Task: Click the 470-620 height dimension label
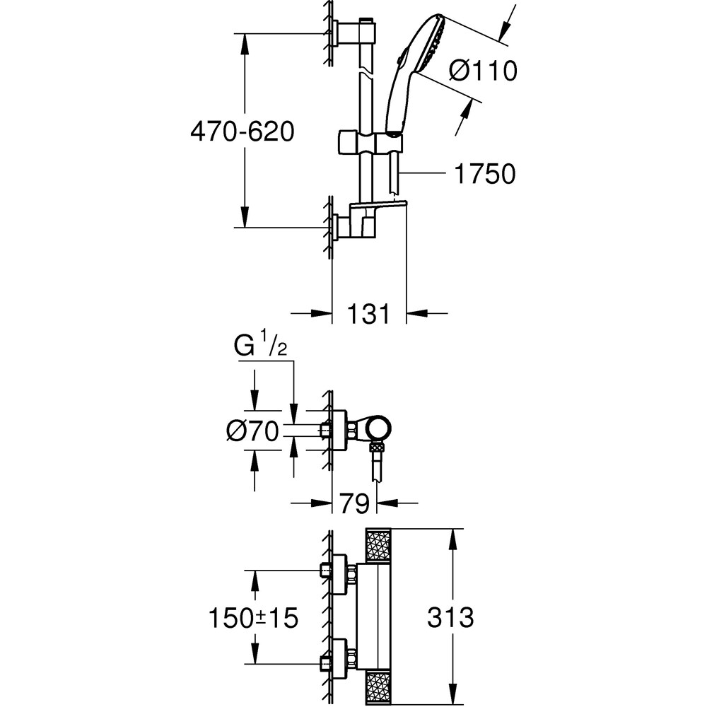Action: coord(243,132)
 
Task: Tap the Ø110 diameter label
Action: coord(484,71)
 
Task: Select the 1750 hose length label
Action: coord(484,174)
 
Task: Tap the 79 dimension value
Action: coord(353,503)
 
